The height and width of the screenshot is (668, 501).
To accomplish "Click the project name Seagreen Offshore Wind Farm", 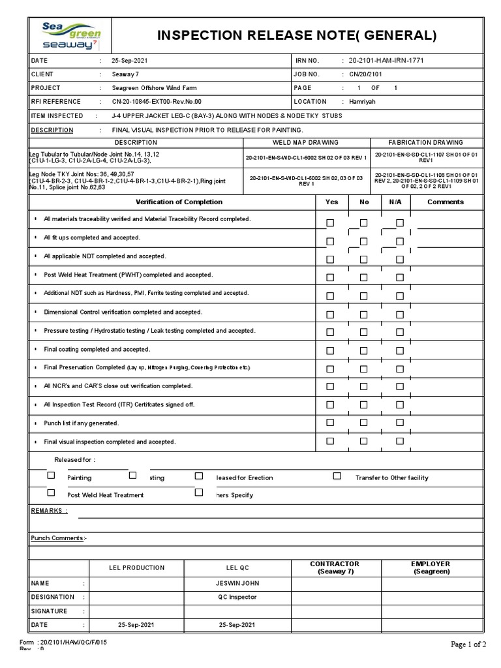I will click(x=153, y=88).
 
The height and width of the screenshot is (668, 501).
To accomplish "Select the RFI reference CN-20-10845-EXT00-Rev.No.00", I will click(x=157, y=102).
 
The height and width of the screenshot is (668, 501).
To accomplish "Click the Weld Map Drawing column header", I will click(x=305, y=142).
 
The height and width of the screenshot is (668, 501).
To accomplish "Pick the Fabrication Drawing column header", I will click(x=425, y=142).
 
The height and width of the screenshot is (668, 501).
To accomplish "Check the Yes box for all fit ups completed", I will click(x=331, y=241).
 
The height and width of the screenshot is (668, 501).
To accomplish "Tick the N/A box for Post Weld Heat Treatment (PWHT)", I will click(x=399, y=277).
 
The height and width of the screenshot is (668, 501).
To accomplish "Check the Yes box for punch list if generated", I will click(x=331, y=422).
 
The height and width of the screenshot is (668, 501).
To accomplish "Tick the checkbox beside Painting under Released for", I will click(x=52, y=476).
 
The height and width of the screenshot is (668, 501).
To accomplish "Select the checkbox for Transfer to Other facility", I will click(x=337, y=476).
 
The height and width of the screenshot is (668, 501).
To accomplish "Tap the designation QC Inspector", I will click(x=237, y=597).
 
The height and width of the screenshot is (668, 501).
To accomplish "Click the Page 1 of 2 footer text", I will click(x=468, y=645).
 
